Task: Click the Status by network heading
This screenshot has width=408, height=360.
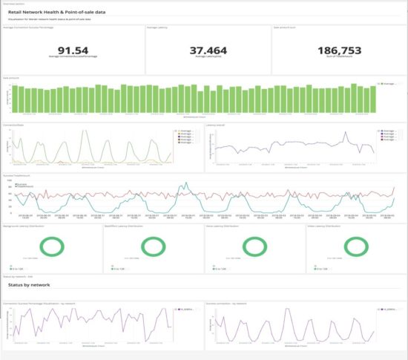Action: pyautogui.click(x=29, y=284)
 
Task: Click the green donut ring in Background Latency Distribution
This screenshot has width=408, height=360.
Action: pyautogui.click(x=50, y=246)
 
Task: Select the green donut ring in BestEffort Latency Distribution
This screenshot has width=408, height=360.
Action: pyautogui.click(x=152, y=246)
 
